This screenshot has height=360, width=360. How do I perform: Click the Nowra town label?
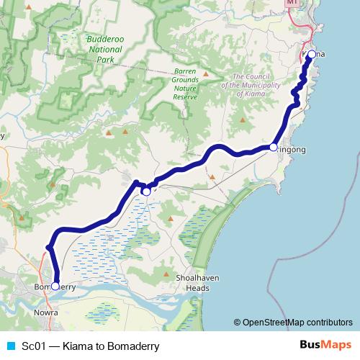[45, 313]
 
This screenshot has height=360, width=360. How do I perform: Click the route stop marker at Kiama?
[311, 55]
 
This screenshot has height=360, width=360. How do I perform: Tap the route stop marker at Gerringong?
[273, 147]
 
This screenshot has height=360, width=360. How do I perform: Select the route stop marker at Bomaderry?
[55, 286]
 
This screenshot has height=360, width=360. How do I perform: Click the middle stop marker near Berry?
[146, 192]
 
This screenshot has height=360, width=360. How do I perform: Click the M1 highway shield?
[292, 3]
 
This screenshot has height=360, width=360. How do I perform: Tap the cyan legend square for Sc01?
[10, 346]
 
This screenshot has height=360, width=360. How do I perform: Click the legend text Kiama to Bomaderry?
[110, 346]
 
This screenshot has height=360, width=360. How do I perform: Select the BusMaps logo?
[325, 345]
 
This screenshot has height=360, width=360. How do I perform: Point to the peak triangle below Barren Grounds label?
[205, 73]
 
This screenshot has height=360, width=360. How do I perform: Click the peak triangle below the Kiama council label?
[243, 120]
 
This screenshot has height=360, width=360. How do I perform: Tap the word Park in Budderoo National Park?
[106, 60]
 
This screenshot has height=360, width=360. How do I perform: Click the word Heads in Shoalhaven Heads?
[197, 288]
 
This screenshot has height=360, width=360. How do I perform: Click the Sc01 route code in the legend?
[34, 346]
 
